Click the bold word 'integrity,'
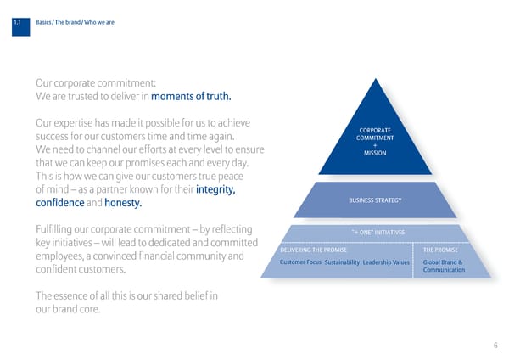click(215, 189)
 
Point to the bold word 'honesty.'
click(122, 204)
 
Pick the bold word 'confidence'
click(60, 204)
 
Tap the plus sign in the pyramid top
click(374, 146)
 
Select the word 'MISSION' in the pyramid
click(374, 154)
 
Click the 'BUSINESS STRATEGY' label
click(374, 200)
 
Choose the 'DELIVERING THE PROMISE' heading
click(312, 250)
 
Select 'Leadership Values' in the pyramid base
click(386, 262)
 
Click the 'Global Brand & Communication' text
click(443, 266)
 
